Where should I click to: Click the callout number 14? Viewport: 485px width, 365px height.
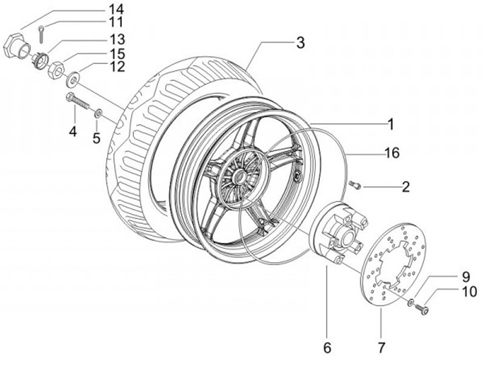click(x=116, y=9)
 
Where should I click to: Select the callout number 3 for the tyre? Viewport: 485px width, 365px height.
click(x=300, y=43)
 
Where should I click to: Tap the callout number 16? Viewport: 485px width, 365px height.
click(x=392, y=152)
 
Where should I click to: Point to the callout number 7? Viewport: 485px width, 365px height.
click(x=381, y=348)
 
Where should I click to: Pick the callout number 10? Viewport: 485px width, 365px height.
click(x=470, y=292)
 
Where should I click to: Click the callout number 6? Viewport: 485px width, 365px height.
click(x=327, y=348)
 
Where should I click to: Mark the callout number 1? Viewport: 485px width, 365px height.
click(x=391, y=125)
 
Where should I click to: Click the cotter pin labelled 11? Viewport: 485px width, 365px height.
click(x=42, y=33)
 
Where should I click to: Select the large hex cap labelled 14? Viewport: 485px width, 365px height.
click(x=16, y=47)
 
